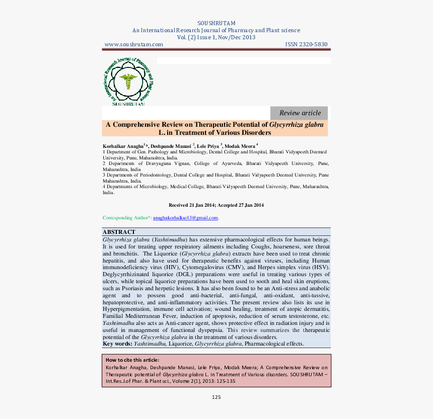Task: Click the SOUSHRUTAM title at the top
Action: pos(216,23)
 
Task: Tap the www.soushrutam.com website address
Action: pos(133,44)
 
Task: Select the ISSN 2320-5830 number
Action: pos(306,44)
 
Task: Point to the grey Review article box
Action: pos(299,113)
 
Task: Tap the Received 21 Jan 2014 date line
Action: pos(216,205)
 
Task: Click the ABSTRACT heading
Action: pos(119,232)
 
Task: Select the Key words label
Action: pos(117,344)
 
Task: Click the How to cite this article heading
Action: pos(132,360)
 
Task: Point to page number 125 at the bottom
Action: pos(216,397)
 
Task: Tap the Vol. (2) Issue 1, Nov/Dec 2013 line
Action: pos(216,37)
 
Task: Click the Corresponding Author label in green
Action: pos(126,218)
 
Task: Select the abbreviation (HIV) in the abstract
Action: pos(178,267)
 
